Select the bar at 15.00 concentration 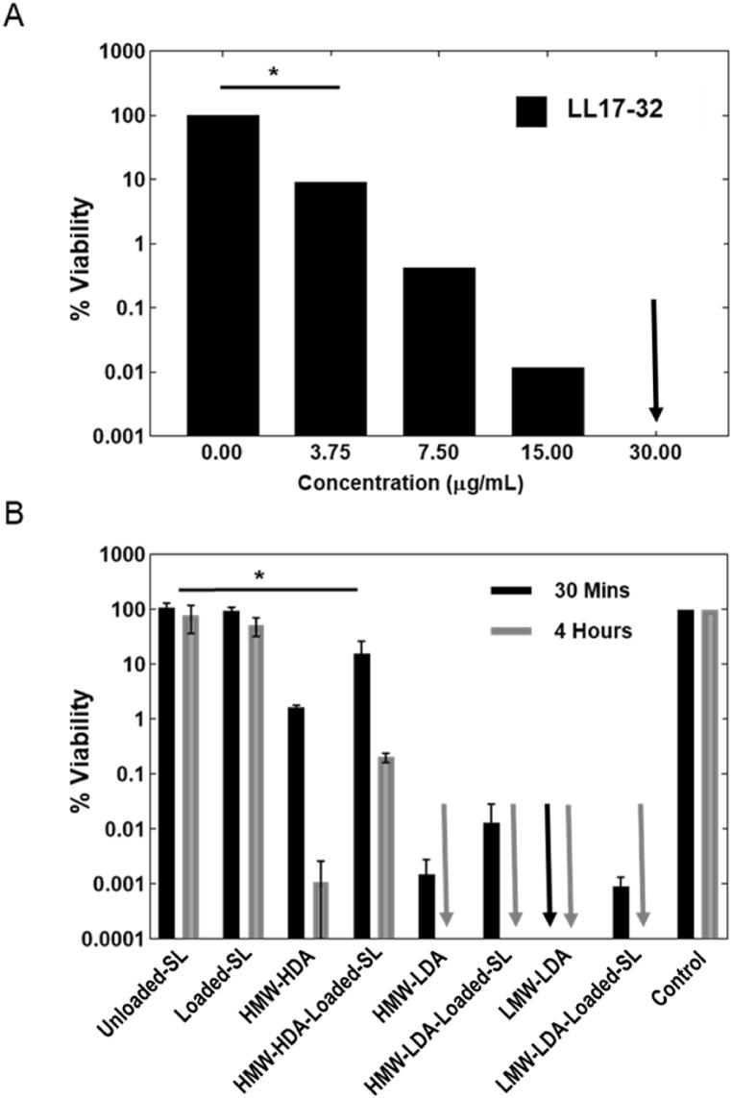coord(548,401)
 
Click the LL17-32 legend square coord(530,110)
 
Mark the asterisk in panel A coord(275,73)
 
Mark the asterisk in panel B coord(259,575)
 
